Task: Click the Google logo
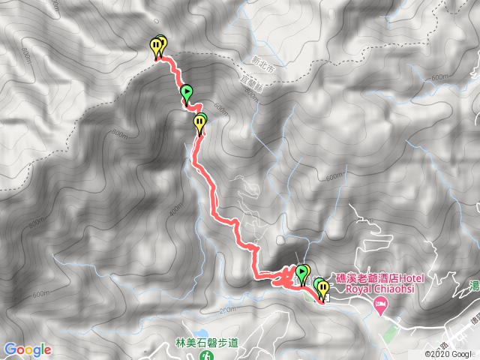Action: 27,349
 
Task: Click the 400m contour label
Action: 175,211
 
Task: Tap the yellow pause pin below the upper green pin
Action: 199,121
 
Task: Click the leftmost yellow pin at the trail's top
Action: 155,46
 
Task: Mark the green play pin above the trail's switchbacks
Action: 303,271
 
